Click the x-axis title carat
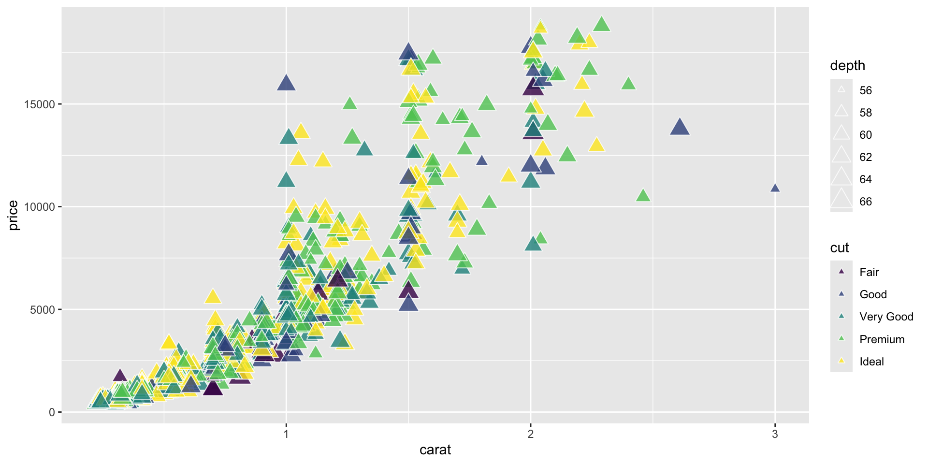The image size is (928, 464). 435,450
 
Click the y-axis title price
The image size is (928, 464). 13,215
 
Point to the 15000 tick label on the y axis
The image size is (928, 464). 40,104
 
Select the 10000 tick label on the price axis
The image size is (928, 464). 40,207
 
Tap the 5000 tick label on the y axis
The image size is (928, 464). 43,310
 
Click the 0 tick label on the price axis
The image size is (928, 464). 52,412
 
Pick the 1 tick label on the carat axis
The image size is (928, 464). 286,434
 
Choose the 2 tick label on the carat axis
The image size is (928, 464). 531,434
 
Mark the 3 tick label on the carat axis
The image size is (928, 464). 775,434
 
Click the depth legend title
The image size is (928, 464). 847,66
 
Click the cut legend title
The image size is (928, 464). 840,248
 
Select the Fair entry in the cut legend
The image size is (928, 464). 869,272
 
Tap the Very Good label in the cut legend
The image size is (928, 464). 886,317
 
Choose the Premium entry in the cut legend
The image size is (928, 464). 882,339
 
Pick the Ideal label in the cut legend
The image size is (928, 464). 871,362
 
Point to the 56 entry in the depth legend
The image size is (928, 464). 865,90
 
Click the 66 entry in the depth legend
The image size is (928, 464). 865,202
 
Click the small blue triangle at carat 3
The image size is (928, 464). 775,188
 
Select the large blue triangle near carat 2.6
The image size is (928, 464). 680,127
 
